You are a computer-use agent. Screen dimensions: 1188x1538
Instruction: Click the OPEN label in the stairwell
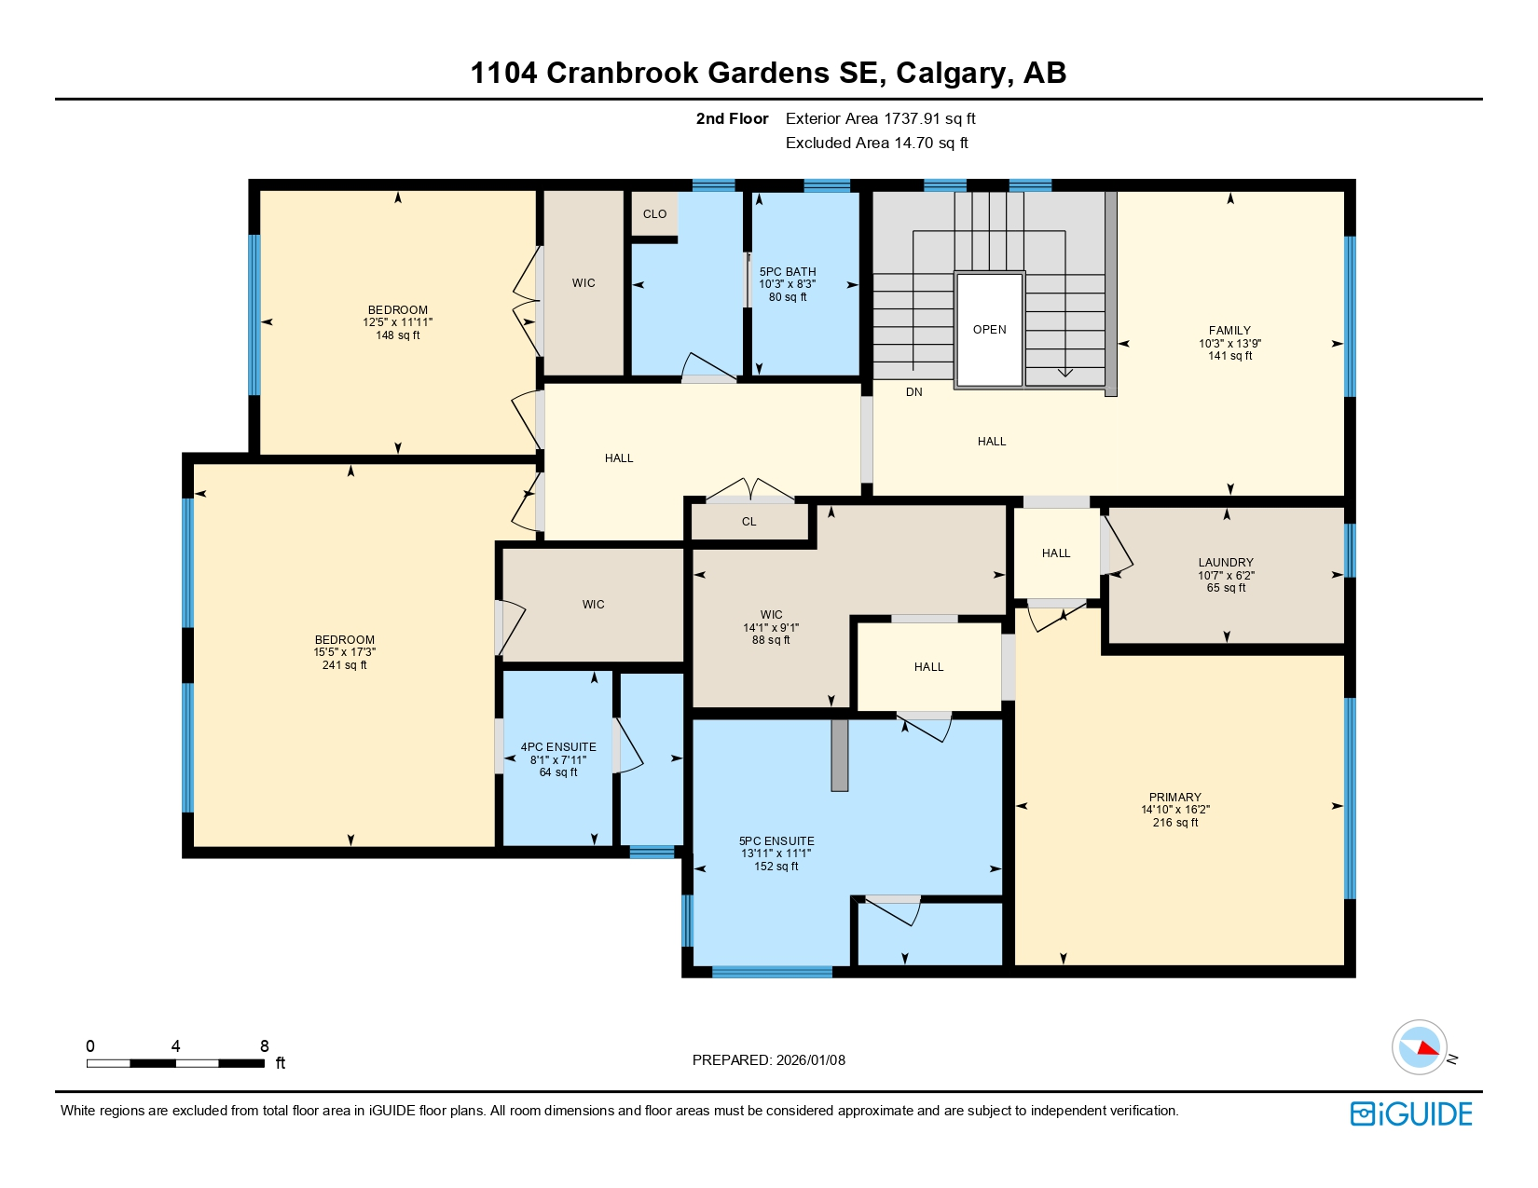point(989,330)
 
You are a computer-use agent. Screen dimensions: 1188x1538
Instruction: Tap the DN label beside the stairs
point(913,392)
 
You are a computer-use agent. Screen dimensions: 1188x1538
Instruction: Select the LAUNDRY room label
point(1226,563)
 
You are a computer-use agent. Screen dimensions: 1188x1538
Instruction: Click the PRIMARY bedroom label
point(1174,798)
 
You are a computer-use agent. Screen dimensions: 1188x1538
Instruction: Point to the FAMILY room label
point(1229,331)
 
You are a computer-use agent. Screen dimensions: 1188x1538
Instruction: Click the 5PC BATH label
point(788,272)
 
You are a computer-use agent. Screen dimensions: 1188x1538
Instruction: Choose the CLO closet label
point(654,214)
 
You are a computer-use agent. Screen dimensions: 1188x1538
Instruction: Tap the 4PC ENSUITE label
point(558,747)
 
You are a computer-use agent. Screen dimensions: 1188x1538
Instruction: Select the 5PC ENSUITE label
point(776,841)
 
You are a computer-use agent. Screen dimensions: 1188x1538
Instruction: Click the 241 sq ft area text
point(344,665)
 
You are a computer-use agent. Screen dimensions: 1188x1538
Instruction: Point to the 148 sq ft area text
point(398,335)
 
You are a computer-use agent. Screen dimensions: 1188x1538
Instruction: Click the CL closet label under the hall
point(748,522)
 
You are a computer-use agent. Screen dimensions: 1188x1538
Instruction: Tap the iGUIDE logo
point(1411,1114)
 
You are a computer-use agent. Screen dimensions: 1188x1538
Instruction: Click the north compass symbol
point(1420,1047)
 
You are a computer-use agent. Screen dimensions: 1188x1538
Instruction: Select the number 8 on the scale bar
point(264,1046)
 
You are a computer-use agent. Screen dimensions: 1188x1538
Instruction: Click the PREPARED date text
point(768,1060)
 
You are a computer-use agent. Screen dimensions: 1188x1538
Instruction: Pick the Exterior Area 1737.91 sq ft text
point(880,119)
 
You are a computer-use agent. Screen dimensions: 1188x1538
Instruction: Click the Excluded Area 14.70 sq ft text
point(876,143)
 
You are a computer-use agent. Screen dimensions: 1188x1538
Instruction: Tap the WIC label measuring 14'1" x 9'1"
point(771,615)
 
